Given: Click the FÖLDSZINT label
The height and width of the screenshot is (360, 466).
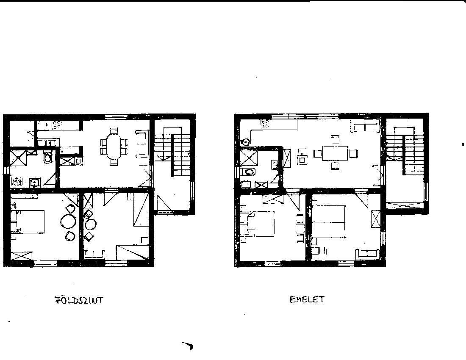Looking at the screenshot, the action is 79,300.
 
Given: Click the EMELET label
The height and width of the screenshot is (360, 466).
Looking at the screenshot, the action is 307,299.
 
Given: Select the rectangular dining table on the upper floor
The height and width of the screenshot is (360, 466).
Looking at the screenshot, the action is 335,152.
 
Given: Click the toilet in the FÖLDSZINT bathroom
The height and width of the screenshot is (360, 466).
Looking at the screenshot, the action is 47,157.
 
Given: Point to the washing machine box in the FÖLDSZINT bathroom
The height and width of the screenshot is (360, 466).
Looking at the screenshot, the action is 17,181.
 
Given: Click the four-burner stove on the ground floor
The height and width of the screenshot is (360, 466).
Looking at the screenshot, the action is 57,125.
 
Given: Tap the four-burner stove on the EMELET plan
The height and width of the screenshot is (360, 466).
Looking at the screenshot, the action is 265,124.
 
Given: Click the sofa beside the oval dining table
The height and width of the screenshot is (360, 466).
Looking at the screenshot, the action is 142,144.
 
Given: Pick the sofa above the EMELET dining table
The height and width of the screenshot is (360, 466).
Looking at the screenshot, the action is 365,127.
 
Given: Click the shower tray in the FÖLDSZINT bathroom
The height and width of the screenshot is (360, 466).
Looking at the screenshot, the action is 18,158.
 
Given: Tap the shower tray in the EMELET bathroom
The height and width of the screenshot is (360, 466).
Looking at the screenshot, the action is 248,157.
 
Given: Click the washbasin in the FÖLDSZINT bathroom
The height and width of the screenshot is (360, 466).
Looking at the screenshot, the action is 35,182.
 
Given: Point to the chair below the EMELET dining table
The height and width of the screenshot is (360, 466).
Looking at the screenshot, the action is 335,166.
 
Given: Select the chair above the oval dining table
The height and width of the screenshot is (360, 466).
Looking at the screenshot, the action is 114,131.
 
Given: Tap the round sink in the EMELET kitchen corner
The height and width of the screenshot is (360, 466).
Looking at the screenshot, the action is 245,142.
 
